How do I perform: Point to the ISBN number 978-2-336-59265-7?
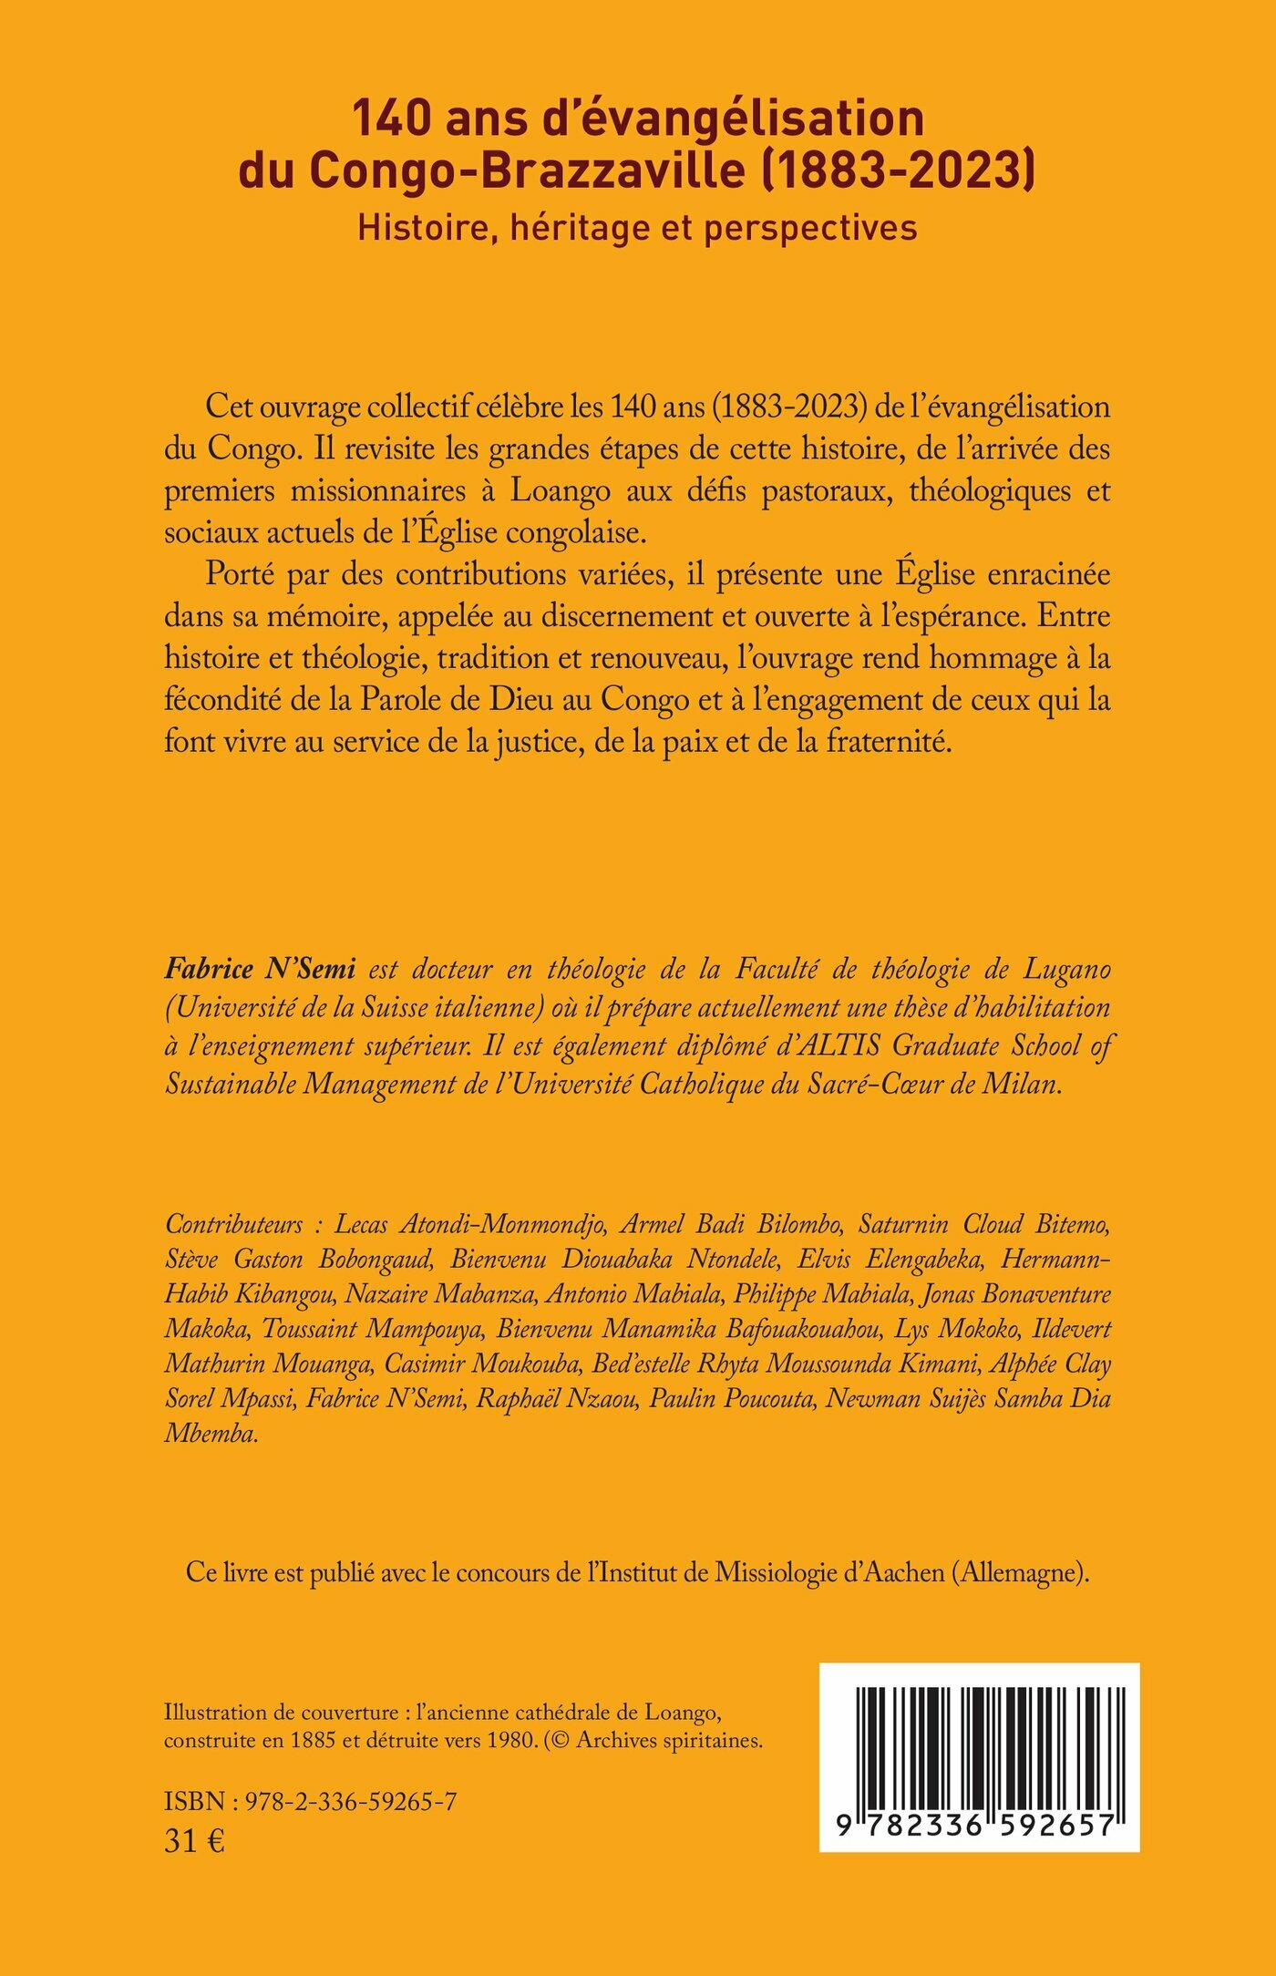point(351,1802)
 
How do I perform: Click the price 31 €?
point(194,1841)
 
